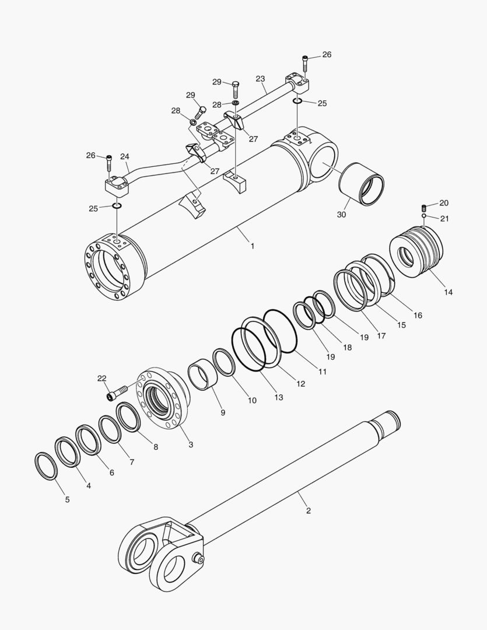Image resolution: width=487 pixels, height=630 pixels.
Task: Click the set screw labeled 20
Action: click(424, 208)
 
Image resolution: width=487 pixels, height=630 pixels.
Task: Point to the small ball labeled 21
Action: click(424, 216)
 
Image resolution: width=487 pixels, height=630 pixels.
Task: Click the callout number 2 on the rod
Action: click(309, 511)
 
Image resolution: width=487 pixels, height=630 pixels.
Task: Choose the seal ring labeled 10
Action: click(224, 361)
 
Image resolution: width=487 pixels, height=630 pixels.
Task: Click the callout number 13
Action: click(278, 397)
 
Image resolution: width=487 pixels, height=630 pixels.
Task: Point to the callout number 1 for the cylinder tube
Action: click(253, 246)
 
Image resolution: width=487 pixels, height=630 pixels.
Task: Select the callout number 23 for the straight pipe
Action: click(260, 78)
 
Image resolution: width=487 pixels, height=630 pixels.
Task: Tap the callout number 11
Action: click(322, 372)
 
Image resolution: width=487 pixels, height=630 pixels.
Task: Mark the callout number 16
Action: click(418, 315)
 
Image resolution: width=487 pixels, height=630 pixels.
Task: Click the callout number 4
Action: click(89, 485)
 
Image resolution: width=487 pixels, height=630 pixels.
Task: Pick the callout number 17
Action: click(381, 336)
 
